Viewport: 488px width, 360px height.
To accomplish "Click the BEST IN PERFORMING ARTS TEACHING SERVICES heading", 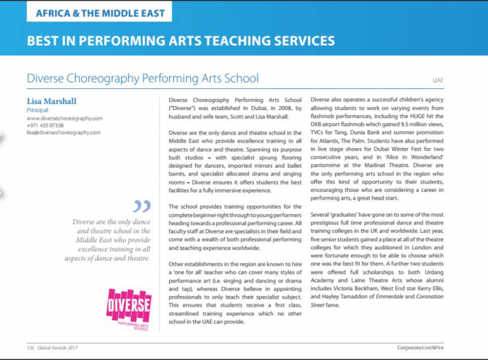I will (180, 41).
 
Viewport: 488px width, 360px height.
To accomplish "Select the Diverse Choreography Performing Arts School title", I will (143, 79).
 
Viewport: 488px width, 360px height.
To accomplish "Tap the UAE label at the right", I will (438, 81).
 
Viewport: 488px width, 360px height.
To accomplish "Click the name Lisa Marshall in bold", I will (52, 101).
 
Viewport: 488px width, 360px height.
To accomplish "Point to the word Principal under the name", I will (37, 110).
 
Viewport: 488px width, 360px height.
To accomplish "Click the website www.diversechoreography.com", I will (64, 118).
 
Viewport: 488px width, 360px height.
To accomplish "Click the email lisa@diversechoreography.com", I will (64, 133).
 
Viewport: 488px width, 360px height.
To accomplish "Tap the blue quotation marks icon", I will (142, 206).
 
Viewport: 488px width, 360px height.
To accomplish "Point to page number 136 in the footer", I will (30, 347).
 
